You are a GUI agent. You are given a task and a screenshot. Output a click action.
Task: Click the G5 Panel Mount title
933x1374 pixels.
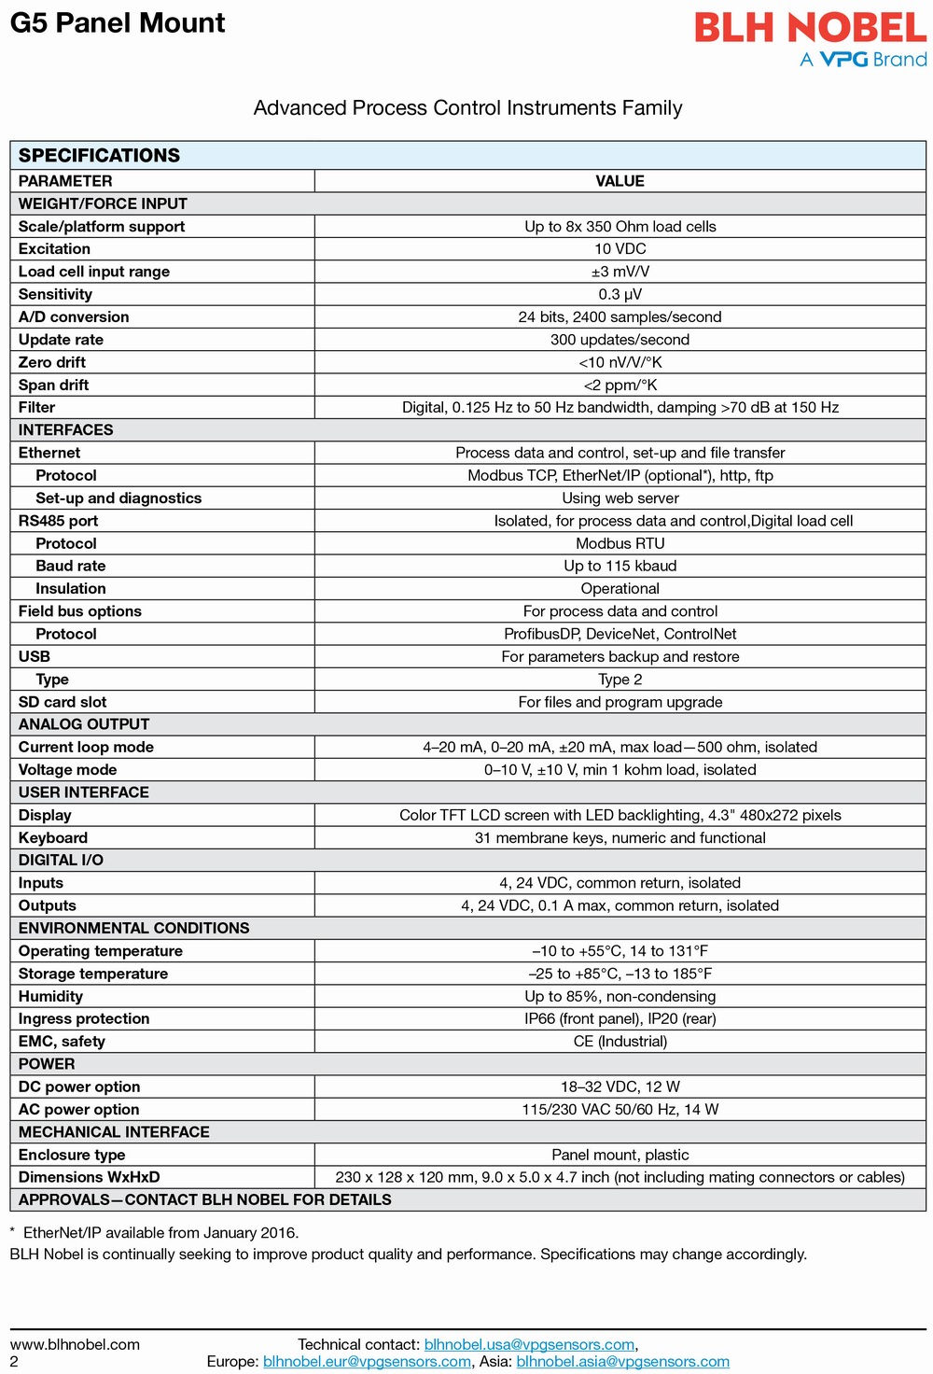[x=118, y=23]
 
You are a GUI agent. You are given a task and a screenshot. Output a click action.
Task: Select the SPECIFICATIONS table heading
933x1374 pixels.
[x=99, y=155]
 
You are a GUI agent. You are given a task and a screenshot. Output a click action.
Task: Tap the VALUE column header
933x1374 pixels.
[x=620, y=181]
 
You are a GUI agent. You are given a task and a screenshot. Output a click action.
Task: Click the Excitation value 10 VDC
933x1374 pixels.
[x=620, y=249]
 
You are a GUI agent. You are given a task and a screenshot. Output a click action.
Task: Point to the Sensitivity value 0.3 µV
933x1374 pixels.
[x=620, y=294]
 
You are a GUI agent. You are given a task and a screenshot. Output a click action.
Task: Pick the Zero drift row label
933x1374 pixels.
[x=52, y=362]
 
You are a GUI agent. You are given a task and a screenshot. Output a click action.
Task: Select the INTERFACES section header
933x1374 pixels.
[x=65, y=430]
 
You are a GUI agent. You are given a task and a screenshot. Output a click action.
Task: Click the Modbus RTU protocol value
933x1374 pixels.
[x=620, y=543]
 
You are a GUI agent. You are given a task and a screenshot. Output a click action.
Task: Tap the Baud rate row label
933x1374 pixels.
[x=71, y=566]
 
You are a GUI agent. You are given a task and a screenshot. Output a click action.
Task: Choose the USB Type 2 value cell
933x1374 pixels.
[x=620, y=680]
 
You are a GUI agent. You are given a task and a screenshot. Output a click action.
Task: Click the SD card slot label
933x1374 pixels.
[x=63, y=702]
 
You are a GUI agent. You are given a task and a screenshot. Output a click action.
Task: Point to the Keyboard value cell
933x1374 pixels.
[x=620, y=838]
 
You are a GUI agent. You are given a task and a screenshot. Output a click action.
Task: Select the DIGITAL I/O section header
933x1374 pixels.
[x=61, y=860]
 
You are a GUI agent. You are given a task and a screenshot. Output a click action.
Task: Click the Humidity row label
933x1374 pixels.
[x=50, y=996]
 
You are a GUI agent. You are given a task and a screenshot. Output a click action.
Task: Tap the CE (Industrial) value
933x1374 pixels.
[x=620, y=1042]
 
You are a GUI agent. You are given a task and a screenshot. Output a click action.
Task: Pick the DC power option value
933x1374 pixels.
[x=620, y=1087]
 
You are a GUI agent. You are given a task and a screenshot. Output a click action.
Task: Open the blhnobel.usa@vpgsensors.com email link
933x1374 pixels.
[x=529, y=1345]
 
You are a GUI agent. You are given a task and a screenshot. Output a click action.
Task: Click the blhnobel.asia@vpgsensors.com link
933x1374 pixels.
[x=622, y=1362]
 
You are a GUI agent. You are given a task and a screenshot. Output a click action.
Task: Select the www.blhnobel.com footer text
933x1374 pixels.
[x=75, y=1345]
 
